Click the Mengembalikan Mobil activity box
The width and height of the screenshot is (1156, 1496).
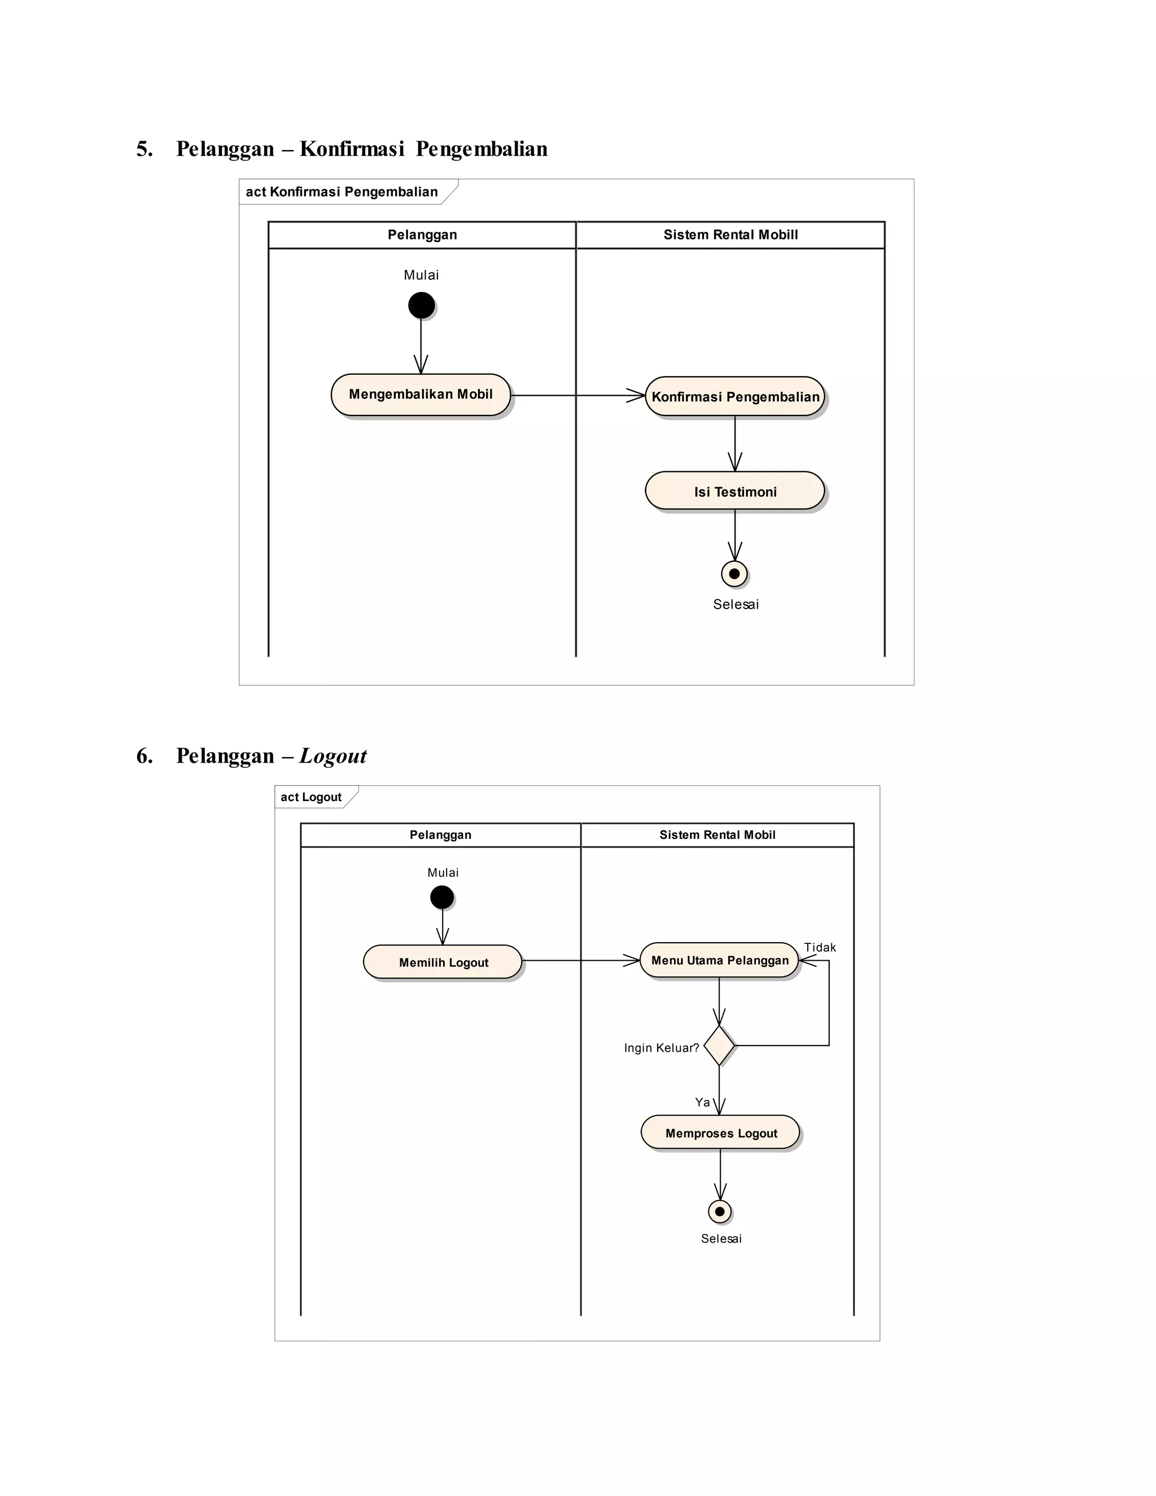tap(421, 395)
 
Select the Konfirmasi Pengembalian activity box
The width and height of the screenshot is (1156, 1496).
tap(735, 397)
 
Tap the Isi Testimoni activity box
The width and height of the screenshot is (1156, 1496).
tap(735, 491)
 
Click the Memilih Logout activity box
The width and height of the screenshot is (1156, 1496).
tap(443, 962)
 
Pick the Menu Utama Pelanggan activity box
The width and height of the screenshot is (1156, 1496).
tap(719, 960)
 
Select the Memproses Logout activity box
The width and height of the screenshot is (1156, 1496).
tap(720, 1132)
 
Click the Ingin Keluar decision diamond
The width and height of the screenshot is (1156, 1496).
tap(719, 1046)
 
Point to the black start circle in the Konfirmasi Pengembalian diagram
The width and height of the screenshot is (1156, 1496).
tap(421, 305)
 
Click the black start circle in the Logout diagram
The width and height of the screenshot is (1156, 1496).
tap(442, 896)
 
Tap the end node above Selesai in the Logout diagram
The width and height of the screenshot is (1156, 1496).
tap(720, 1211)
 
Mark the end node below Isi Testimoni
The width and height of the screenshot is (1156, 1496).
tap(734, 574)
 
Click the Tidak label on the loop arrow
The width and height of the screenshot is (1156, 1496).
tap(819, 947)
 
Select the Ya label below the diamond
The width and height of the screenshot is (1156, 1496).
tap(702, 1102)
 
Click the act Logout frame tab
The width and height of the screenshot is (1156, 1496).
tap(312, 797)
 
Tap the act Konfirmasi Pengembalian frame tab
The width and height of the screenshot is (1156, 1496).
tap(341, 192)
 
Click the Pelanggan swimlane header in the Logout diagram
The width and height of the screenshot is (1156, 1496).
tap(440, 834)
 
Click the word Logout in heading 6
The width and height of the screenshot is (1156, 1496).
tap(333, 755)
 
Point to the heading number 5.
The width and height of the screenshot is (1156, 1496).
tap(144, 148)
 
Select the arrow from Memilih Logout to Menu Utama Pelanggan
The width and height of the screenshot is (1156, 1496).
tap(581, 960)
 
